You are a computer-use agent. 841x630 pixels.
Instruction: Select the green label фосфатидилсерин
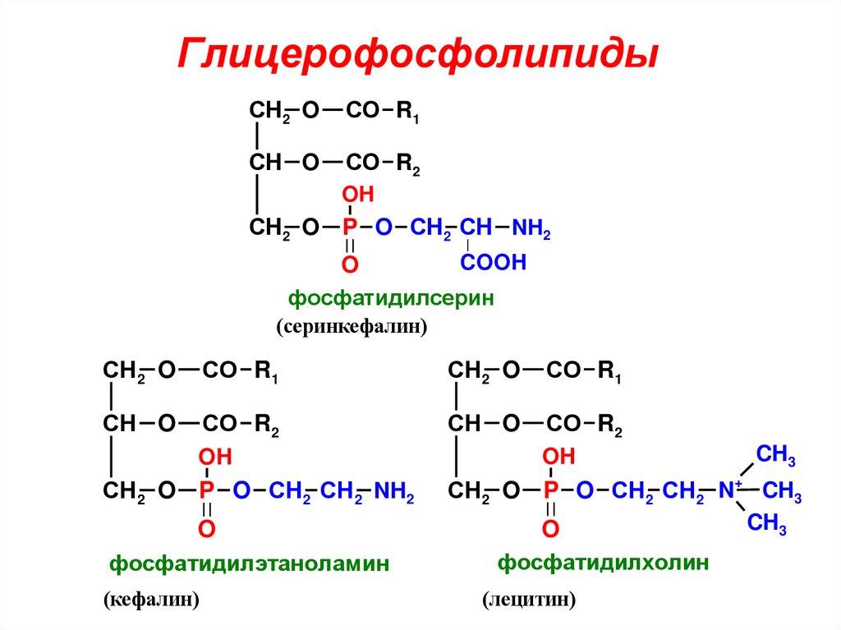tap(390, 297)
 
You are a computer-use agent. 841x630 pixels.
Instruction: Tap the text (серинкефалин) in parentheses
tap(352, 327)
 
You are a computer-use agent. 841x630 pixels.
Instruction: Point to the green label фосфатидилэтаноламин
tap(249, 564)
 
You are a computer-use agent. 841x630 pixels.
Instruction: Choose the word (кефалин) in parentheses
tap(152, 600)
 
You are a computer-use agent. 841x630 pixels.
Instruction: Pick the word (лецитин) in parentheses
tap(529, 600)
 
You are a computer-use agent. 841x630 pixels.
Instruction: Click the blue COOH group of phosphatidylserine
tap(492, 263)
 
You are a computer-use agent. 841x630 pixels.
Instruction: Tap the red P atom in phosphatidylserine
tap(350, 228)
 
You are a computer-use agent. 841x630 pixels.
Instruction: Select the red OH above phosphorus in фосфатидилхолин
tap(560, 457)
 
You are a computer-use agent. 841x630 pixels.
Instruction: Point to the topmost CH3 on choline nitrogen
tap(775, 454)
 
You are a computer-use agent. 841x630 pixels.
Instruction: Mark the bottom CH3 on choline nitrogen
tap(767, 523)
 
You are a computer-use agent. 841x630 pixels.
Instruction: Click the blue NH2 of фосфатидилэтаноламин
tap(393, 492)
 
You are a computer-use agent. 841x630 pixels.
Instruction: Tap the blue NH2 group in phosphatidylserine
tap(531, 228)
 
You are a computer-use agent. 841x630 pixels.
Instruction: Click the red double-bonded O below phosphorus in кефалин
tap(207, 529)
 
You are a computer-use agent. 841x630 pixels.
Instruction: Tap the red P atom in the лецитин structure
tap(551, 491)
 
